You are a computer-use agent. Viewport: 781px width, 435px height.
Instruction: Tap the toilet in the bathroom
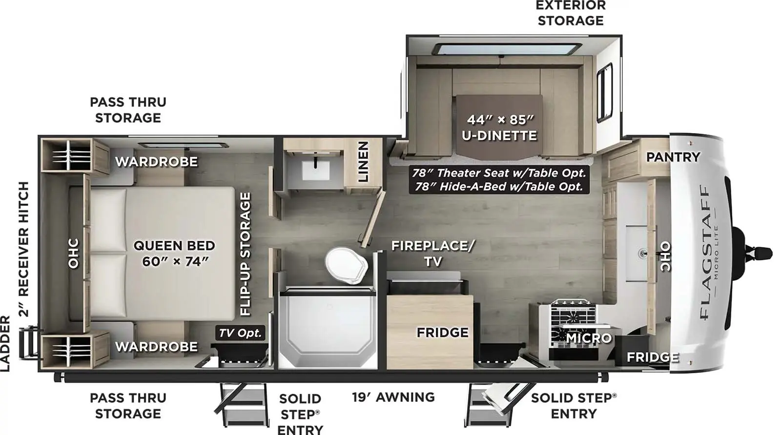click(347, 265)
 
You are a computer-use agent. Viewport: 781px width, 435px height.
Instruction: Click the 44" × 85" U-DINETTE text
click(499, 127)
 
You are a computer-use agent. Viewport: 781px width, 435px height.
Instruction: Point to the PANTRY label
click(673, 157)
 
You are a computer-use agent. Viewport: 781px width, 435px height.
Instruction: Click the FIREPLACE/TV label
click(432, 253)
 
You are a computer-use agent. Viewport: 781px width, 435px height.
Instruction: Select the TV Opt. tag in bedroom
click(241, 333)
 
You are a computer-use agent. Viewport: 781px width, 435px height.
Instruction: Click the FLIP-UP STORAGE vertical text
click(245, 254)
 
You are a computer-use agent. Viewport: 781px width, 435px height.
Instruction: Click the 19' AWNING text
click(393, 397)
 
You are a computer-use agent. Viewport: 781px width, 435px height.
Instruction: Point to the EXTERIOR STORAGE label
click(571, 13)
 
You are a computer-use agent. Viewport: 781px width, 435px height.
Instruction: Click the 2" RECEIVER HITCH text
click(24, 249)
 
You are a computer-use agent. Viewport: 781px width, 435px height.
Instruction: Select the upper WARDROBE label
click(156, 161)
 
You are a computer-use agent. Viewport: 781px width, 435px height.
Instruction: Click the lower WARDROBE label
click(156, 347)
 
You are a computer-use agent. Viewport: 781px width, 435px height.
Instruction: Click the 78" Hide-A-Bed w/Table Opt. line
click(499, 186)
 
